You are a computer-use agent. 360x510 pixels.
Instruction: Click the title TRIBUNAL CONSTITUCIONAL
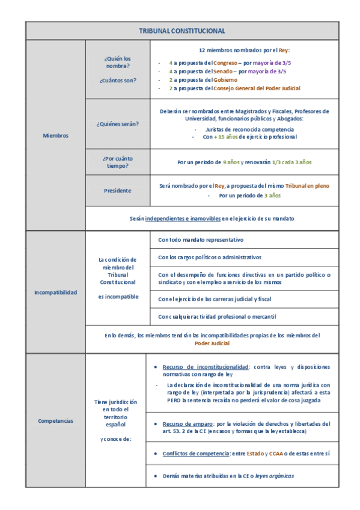coord(182,31)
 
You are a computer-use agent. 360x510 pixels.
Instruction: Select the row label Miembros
coord(55,135)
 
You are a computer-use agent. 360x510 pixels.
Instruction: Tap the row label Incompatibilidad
coord(55,292)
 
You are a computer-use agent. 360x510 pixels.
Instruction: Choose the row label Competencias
coord(55,420)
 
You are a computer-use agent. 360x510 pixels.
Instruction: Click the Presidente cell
coord(117,191)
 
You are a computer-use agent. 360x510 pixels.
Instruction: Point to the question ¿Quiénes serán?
coord(117,124)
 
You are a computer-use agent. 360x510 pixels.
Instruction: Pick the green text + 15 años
coord(227,137)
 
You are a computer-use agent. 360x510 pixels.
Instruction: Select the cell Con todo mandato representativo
coord(201,239)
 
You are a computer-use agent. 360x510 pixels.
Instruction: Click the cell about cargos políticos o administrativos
coord(210,257)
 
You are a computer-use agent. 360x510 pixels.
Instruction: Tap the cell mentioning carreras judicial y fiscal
coord(215,299)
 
